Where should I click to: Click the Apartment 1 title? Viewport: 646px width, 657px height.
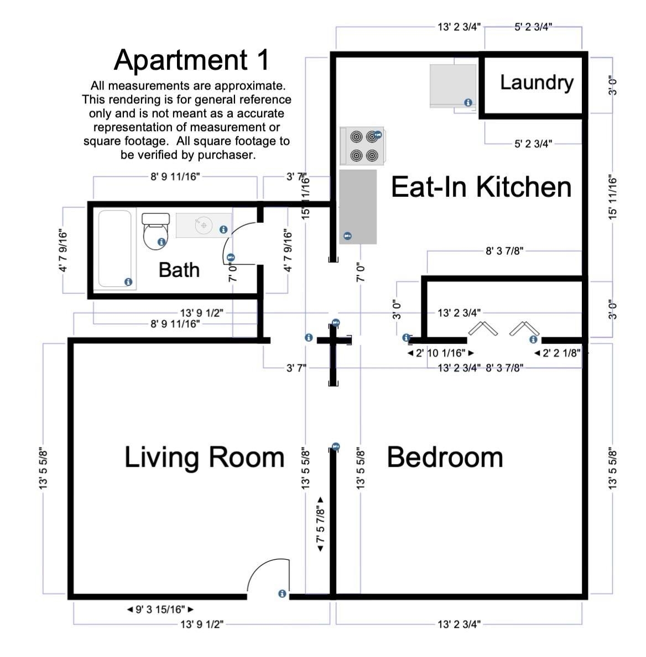coord(191,60)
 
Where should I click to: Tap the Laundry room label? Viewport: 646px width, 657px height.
coord(536,83)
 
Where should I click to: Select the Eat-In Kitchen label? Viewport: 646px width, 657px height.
coord(481,187)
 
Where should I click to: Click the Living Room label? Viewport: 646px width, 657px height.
coord(205,457)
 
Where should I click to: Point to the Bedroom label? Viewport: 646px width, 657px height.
coord(445,457)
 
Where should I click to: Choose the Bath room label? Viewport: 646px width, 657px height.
coord(179,270)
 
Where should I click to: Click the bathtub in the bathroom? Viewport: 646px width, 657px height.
coord(115,248)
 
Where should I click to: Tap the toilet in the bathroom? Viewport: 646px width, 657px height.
coord(155,231)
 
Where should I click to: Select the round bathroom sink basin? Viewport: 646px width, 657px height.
coord(204,226)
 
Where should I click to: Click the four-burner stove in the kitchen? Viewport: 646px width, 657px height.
coord(362,146)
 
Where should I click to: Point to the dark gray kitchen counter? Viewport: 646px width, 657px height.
coord(358,207)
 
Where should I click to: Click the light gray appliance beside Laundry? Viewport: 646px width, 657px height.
coord(453,86)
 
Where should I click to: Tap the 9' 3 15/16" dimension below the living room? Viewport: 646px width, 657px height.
coord(160,609)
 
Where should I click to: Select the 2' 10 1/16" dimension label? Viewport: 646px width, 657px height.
coord(440,353)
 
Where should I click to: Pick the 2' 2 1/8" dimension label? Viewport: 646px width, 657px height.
coord(557,353)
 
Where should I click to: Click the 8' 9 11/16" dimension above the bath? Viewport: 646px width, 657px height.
coord(175,177)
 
